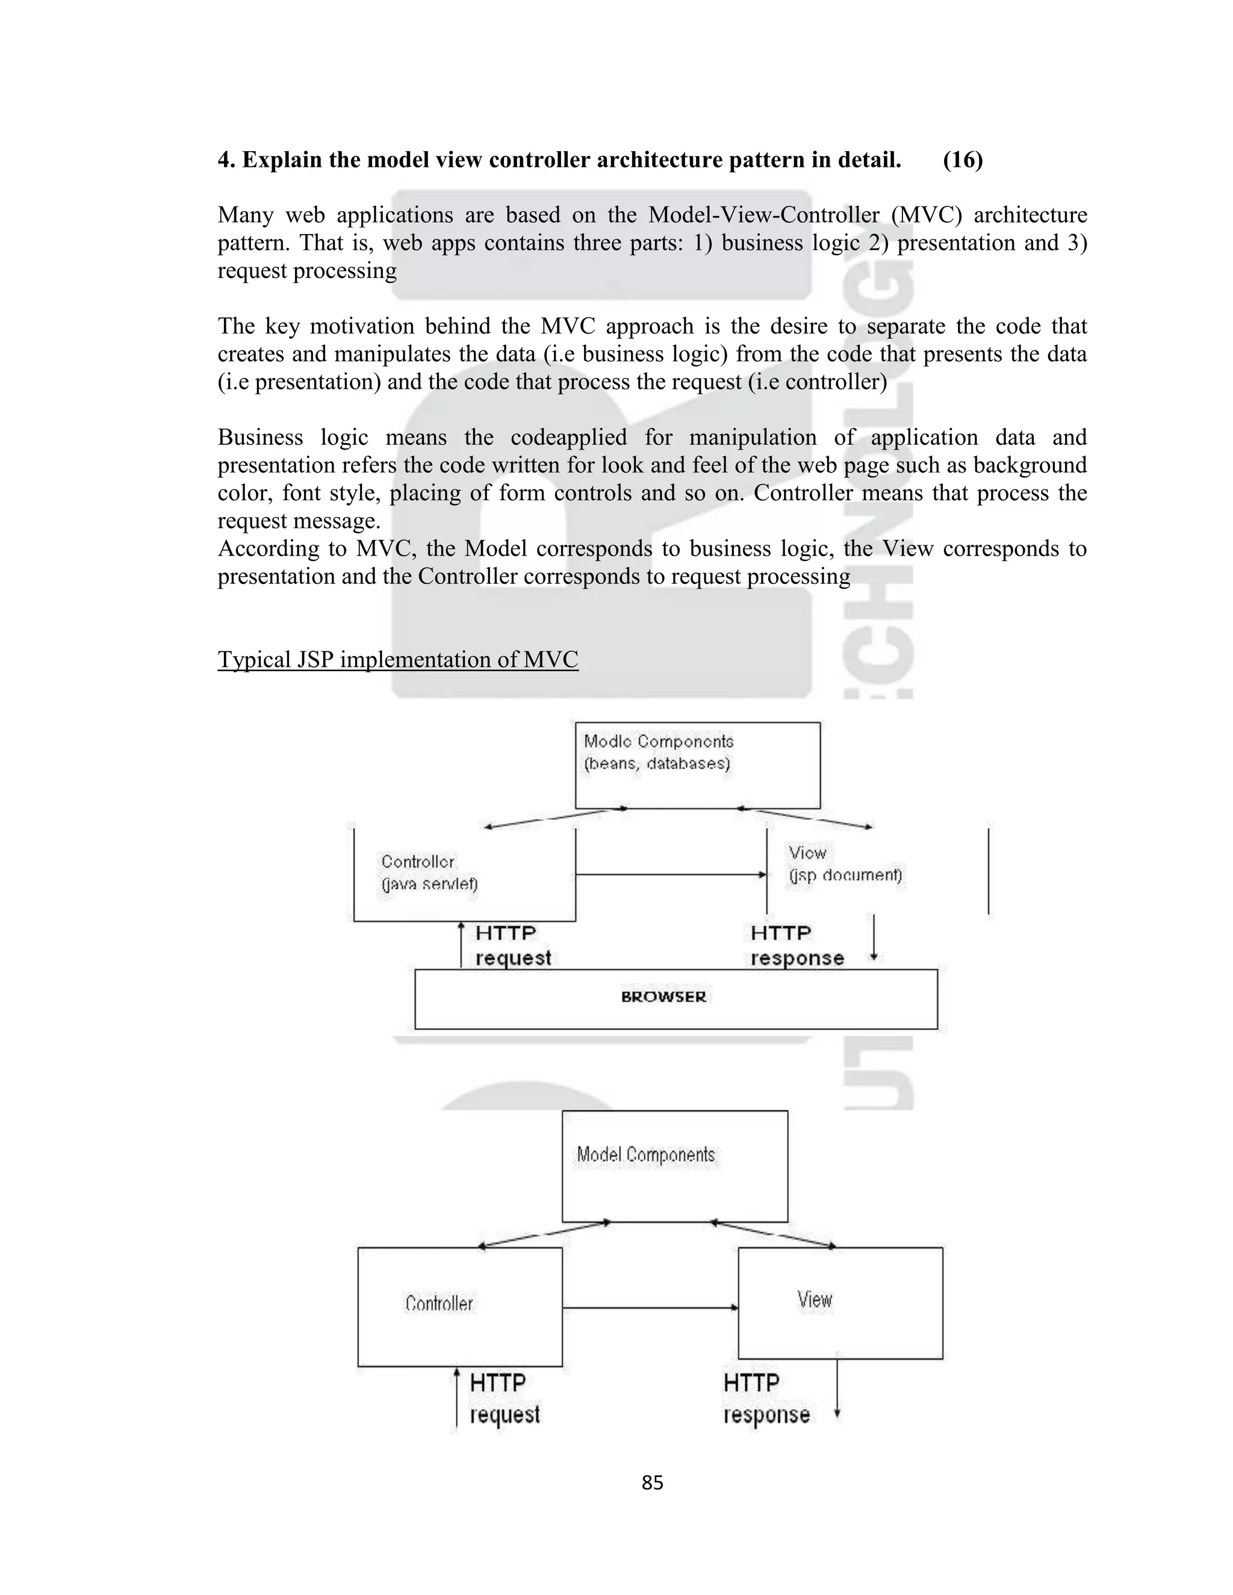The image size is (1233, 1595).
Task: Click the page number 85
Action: [x=651, y=1482]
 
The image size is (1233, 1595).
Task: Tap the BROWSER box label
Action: [x=663, y=997]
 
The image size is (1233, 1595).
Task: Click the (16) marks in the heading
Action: [x=962, y=159]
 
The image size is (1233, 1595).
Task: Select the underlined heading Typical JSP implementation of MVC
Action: [x=397, y=660]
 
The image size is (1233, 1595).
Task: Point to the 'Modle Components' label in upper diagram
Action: [x=658, y=742]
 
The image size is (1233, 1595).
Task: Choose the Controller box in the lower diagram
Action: [x=459, y=1307]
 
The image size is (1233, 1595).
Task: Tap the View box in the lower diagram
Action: [x=840, y=1304]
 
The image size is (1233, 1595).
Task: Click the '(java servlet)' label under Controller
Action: [x=429, y=884]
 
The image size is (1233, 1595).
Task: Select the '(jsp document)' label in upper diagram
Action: [x=845, y=875]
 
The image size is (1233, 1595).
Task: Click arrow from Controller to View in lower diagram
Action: [x=650, y=1307]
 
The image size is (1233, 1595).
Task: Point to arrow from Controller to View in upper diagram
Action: [x=671, y=874]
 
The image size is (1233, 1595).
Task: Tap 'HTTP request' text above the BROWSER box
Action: [x=512, y=945]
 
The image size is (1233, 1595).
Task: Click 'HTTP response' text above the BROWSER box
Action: [x=796, y=945]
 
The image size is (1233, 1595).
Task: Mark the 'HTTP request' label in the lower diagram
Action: [x=504, y=1399]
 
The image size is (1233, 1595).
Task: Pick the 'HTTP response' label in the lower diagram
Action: [x=766, y=1399]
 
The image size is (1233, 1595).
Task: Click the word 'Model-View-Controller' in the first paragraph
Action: [x=764, y=215]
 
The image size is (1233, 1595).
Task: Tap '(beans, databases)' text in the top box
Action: [x=657, y=764]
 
